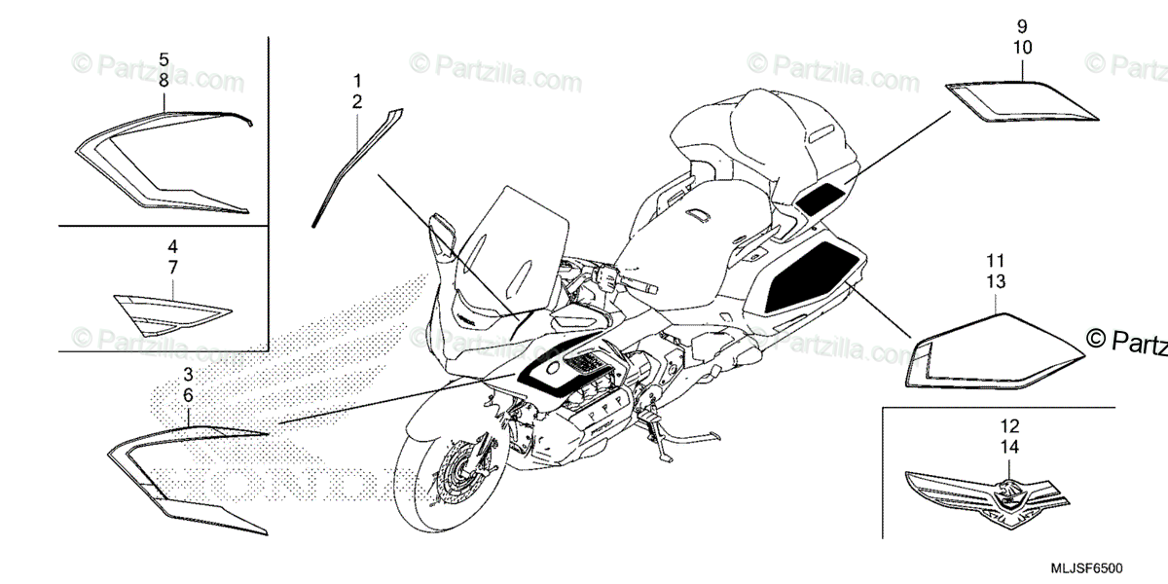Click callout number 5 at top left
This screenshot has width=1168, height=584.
(164, 59)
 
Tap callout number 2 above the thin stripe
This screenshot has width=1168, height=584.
(357, 101)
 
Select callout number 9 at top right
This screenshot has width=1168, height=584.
(1023, 25)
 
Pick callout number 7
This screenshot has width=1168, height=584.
(171, 266)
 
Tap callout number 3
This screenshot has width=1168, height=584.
(189, 374)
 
